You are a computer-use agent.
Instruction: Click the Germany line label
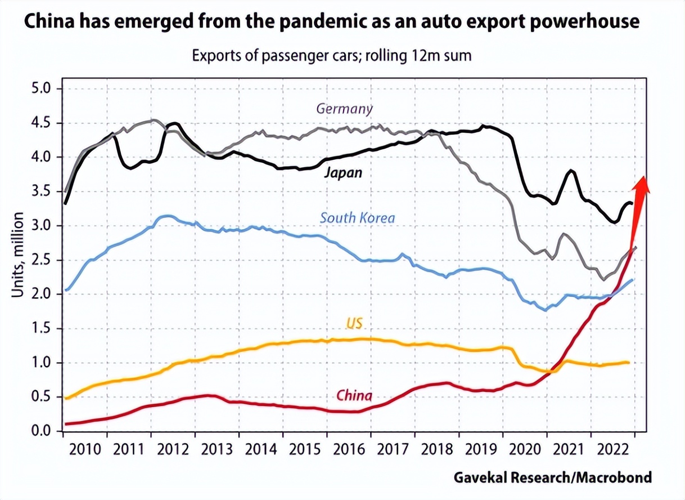344,109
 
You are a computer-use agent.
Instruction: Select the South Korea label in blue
358,218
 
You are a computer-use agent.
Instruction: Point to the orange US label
353,324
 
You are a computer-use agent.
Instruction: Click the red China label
354,395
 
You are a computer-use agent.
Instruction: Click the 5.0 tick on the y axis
40,89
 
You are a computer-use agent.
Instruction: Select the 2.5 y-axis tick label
40,260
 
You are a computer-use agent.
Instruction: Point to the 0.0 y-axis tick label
40,431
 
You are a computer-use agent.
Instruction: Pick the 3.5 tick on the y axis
40,191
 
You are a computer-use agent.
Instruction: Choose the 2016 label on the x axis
349,450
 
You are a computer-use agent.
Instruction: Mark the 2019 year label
481,450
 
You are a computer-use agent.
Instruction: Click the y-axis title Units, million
18,255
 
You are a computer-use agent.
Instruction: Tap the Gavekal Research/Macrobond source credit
552,477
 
